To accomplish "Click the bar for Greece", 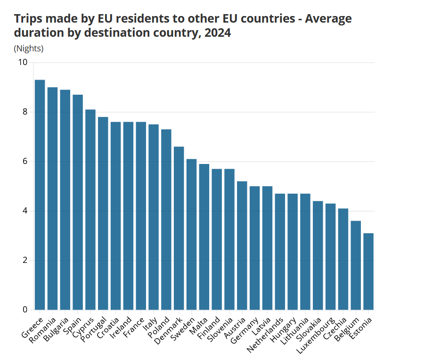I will [40, 195].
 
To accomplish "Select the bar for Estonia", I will [368, 271].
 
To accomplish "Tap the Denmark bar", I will [179, 228].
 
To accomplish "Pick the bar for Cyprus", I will [90, 210].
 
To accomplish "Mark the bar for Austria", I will [242, 245].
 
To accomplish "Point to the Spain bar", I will [78, 202].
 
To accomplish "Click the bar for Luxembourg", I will [331, 257].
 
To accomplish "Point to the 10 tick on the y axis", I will [23, 63].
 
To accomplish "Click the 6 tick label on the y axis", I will [25, 162].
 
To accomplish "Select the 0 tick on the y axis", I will [25, 310].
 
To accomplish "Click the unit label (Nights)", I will [29, 49].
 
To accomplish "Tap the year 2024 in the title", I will [218, 33].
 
